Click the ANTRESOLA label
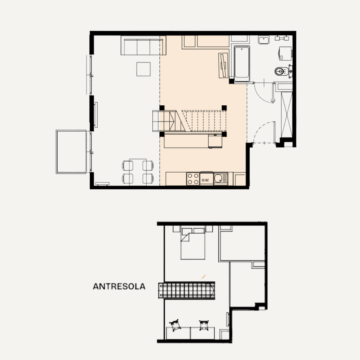click(119, 286)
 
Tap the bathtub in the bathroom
click(242, 64)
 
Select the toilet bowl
click(281, 71)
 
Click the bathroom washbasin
click(264, 40)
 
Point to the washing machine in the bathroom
click(285, 53)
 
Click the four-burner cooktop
click(193, 179)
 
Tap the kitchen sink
click(220, 179)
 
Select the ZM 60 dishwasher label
click(205, 180)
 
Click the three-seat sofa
click(143, 45)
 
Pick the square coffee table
click(143, 69)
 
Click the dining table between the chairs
click(138, 172)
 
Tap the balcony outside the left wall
click(71, 152)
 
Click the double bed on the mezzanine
click(193, 244)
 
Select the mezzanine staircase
click(187, 290)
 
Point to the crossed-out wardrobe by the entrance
click(287, 115)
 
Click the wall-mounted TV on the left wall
click(96, 115)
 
